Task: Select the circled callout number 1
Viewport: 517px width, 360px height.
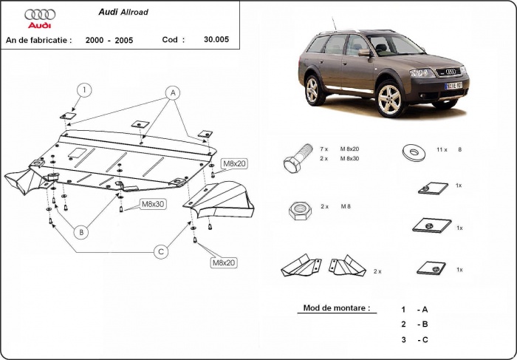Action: point(85,91)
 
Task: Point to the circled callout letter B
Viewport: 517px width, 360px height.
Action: point(82,231)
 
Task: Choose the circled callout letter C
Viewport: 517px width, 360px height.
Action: point(159,252)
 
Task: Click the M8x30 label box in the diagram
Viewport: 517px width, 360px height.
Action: point(154,203)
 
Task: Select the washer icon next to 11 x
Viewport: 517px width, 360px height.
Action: point(412,153)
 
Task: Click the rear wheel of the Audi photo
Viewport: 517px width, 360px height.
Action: point(313,90)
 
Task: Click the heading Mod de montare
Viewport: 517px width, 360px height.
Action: point(336,308)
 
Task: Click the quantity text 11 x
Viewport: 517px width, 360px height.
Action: point(442,149)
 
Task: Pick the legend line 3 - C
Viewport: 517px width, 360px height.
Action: point(414,339)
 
